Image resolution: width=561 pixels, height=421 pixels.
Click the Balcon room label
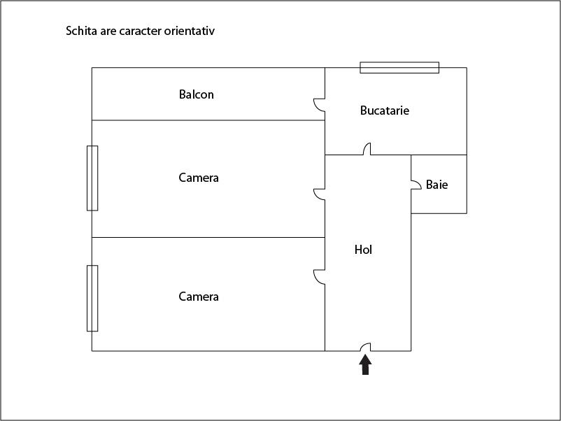click(197, 94)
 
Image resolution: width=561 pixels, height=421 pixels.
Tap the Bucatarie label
click(385, 110)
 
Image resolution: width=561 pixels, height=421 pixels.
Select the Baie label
click(437, 185)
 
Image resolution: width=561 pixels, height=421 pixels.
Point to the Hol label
click(363, 249)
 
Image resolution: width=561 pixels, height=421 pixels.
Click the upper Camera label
click(199, 178)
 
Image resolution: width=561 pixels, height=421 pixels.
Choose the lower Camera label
click(199, 296)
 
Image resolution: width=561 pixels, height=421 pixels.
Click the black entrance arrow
click(365, 364)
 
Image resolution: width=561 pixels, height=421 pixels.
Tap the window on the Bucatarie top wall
click(399, 68)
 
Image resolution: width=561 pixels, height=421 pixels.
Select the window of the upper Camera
click(92, 178)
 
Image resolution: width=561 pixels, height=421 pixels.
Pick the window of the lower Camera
click(92, 299)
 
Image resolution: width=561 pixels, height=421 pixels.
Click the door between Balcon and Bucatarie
click(320, 105)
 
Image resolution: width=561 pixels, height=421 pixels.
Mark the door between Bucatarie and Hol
click(367, 149)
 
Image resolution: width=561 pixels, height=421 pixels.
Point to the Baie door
click(416, 185)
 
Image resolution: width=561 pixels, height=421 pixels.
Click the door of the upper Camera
click(320, 194)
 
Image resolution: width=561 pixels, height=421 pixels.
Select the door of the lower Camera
click(320, 277)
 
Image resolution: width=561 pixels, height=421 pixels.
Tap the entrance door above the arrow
click(365, 347)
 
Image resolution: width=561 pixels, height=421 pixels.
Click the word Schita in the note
click(81, 31)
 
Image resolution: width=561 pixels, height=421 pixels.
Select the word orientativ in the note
click(190, 31)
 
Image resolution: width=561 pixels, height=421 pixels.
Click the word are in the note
click(108, 31)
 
